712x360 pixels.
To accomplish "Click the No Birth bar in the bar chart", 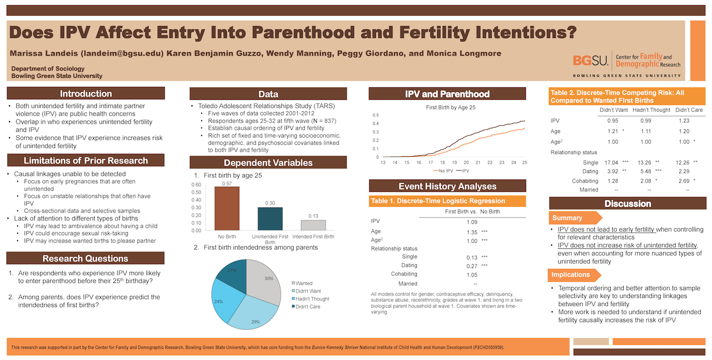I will point(226,208).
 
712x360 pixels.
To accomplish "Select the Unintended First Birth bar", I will point(270,218).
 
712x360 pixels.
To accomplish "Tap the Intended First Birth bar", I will point(313,225).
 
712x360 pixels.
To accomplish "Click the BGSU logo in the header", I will point(590,60).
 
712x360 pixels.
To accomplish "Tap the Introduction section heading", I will point(86,94).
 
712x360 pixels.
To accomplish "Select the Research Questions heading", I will point(85,258).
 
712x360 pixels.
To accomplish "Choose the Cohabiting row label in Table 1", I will point(404,274).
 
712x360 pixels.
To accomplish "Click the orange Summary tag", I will point(567,218).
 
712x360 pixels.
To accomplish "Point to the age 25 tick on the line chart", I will point(525,162).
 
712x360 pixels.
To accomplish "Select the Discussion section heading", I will point(628,204).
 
